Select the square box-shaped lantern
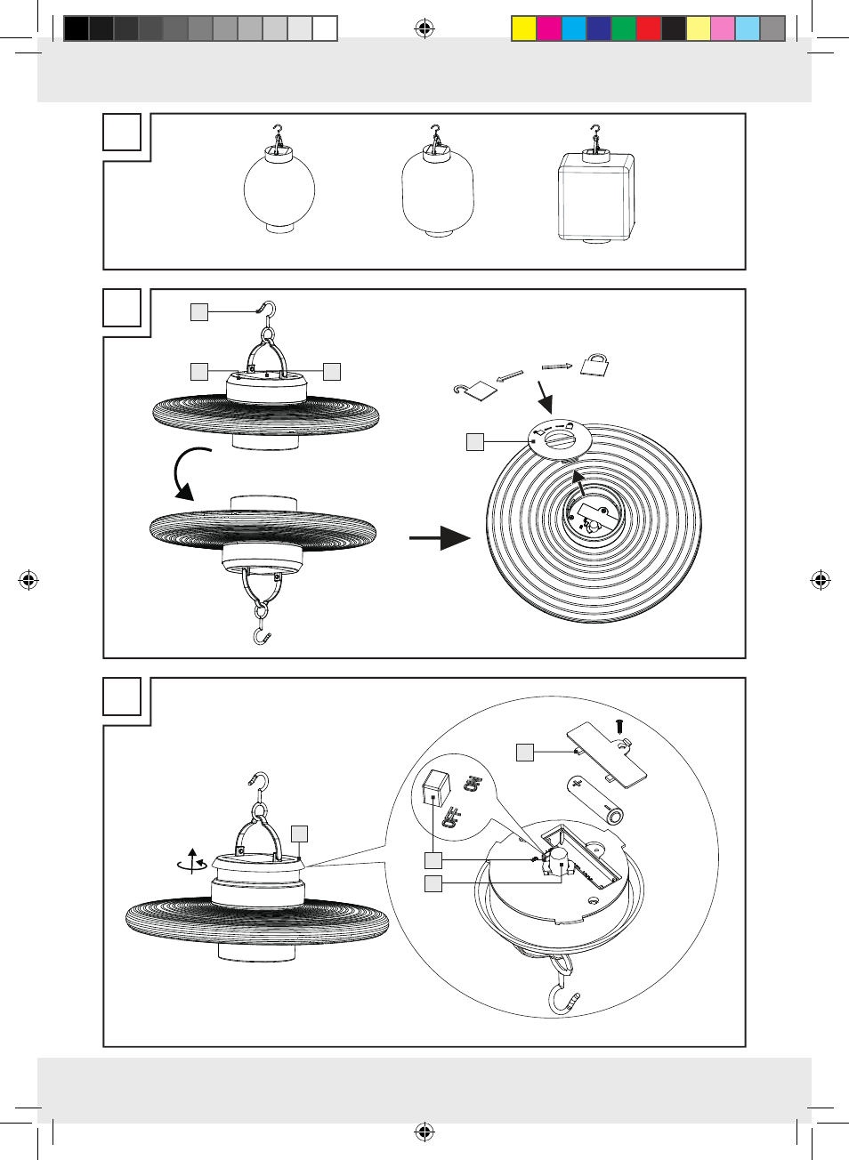point(595,197)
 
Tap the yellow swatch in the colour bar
point(523,29)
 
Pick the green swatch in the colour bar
point(623,29)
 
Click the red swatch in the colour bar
point(648,29)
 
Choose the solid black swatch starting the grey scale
point(77,29)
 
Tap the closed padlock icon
point(594,364)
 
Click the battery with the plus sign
point(595,798)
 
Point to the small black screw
point(619,727)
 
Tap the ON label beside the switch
point(472,784)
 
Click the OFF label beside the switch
point(450,817)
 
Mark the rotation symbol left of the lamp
point(192,861)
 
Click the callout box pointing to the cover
point(525,753)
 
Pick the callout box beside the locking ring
point(475,441)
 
